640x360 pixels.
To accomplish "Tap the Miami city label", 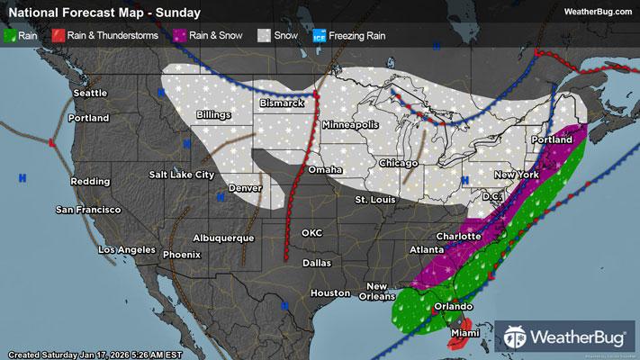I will coord(466,333).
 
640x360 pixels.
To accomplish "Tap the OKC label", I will coord(312,232).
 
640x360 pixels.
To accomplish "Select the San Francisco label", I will coord(88,210).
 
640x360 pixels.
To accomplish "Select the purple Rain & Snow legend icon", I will coord(180,36).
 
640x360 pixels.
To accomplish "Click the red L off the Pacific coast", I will coord(52,143).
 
